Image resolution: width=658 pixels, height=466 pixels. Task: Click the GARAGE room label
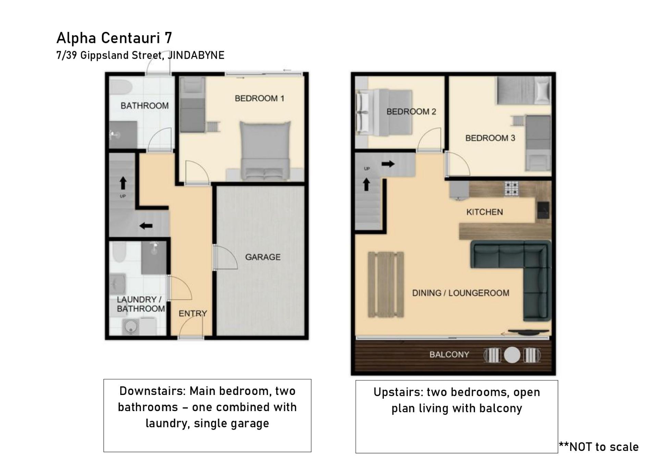263,257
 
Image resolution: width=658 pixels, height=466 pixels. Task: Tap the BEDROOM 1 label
259,98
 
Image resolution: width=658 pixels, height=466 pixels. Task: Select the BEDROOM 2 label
411,112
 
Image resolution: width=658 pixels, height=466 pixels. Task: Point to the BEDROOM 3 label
490,138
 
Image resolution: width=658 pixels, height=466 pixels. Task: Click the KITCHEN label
485,212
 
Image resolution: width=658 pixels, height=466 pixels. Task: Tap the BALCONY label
449,354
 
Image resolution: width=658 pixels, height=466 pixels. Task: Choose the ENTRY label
193,313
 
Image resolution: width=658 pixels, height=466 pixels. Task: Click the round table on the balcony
512,355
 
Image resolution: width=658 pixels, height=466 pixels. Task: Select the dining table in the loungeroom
386,284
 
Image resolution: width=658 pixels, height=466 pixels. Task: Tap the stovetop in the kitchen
511,189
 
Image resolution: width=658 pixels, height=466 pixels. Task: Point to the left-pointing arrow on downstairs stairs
146,226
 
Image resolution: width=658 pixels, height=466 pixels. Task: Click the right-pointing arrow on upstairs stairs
388,164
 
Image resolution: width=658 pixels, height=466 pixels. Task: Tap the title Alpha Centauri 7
114,38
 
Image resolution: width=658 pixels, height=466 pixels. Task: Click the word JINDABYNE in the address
196,55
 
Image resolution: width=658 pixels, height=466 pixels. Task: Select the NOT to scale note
599,446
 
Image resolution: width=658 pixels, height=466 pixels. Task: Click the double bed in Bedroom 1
265,151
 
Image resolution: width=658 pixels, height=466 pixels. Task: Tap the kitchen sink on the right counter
543,210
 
